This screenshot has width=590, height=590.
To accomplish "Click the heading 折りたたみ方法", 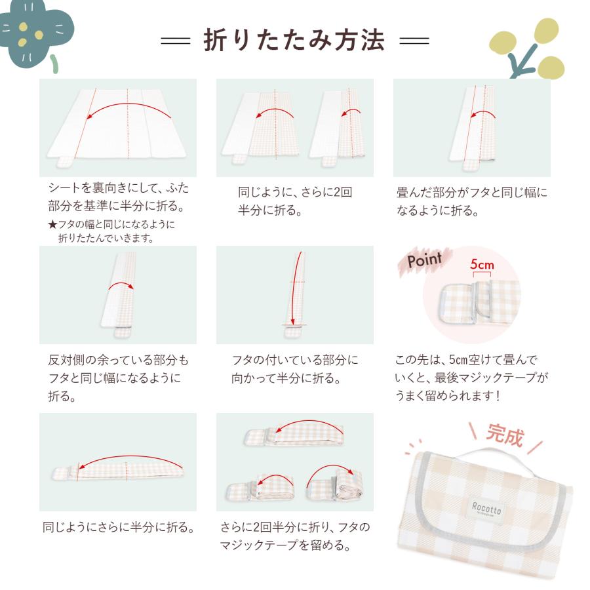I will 294,41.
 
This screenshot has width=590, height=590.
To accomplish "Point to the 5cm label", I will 481,265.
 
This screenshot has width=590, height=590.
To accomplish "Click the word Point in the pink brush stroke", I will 425,260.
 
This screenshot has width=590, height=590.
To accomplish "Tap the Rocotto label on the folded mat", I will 484,507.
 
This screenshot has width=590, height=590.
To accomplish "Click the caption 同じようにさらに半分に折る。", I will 118,527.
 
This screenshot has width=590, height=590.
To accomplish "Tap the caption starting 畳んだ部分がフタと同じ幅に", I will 471,202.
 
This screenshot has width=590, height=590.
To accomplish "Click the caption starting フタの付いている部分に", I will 294,369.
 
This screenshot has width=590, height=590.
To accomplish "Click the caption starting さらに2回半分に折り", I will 294,536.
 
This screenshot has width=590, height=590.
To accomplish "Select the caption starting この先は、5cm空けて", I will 471,378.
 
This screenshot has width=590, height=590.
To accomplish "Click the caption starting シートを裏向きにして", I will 118,197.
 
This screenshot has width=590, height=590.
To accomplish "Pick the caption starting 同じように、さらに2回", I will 294,201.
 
